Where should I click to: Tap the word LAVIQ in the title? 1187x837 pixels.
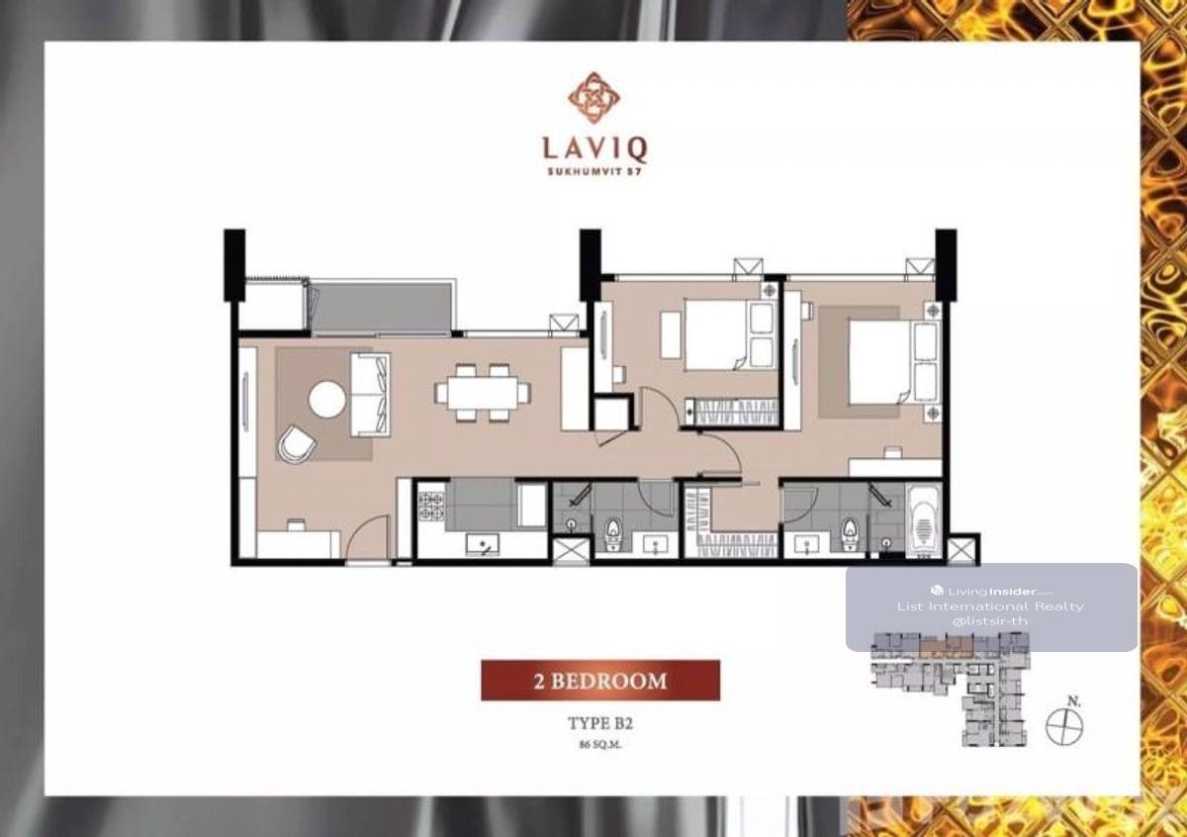click(x=594, y=149)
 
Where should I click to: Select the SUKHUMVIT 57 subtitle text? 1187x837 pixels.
click(x=594, y=171)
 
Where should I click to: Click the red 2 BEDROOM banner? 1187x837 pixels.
click(x=600, y=681)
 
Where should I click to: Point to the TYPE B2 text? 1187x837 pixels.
click(x=600, y=723)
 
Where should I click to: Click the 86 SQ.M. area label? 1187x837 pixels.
click(x=600, y=745)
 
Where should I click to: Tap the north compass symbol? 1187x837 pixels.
click(x=1064, y=725)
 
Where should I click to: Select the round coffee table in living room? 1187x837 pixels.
click(x=327, y=401)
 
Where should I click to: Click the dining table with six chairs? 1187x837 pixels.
click(x=483, y=393)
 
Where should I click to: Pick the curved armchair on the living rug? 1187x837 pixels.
click(x=296, y=443)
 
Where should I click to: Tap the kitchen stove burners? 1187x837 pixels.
click(x=431, y=506)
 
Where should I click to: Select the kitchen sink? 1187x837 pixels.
click(x=483, y=544)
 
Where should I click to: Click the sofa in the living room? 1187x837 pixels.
click(x=370, y=395)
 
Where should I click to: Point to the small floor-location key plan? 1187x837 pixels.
click(x=950, y=690)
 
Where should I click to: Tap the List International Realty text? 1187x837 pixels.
click(x=990, y=606)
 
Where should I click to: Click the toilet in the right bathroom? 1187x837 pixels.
click(x=849, y=532)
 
